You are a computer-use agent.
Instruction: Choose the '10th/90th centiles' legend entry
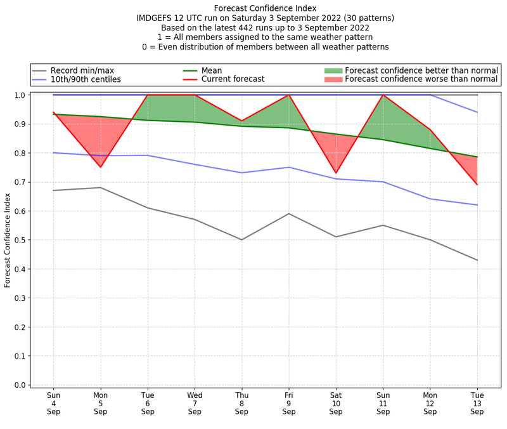point(86,79)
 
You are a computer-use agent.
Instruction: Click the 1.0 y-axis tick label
point(19,95)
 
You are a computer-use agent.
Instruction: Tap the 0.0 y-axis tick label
point(19,385)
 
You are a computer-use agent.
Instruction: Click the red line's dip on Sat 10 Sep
point(336,173)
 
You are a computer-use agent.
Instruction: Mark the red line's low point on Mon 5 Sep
point(100,167)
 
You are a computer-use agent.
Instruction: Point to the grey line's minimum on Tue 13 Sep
point(477,260)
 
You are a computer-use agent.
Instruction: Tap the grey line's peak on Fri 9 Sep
point(289,214)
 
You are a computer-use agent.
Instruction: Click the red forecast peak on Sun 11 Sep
point(383,95)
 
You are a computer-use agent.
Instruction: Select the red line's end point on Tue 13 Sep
point(477,185)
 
